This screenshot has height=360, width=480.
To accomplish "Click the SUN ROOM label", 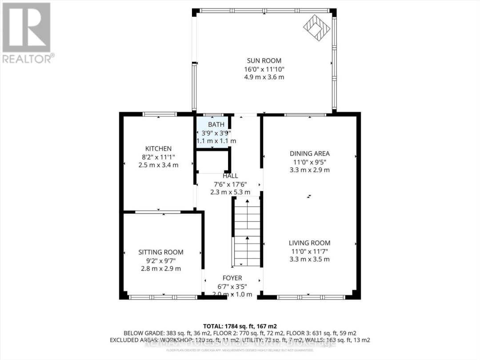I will point(264,61).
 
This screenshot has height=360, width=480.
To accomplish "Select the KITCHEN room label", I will point(158,148).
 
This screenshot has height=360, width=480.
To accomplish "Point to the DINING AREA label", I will point(309,154).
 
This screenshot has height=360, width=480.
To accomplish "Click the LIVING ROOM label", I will point(309,243).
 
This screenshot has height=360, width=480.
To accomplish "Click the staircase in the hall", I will point(246,231).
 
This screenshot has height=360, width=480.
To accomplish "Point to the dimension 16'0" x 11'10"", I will point(264,69).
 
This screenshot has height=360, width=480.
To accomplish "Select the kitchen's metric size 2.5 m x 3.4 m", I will point(158,165).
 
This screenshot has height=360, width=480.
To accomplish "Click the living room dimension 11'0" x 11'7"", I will point(309,251).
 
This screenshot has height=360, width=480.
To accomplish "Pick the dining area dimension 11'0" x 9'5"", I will point(309,162).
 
